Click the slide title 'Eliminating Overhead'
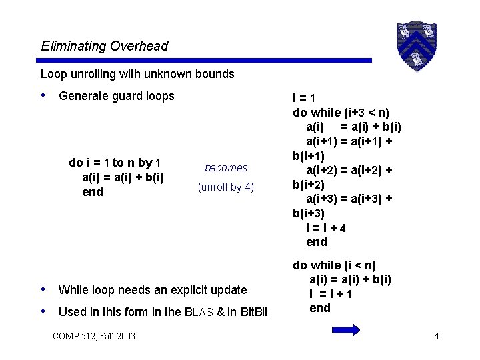click(x=105, y=46)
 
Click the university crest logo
click(x=416, y=45)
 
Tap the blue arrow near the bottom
click(x=345, y=329)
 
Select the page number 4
click(x=436, y=335)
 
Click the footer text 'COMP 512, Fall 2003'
click(x=93, y=335)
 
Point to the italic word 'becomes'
click(x=226, y=168)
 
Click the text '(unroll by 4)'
click(x=226, y=187)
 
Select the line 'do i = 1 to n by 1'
click(x=115, y=163)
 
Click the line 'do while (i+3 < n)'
click(x=341, y=112)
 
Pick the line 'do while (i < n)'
click(x=335, y=265)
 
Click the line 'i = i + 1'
click(x=331, y=293)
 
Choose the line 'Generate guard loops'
click(x=117, y=96)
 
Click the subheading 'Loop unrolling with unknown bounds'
click(x=137, y=74)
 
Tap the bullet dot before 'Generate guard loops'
click(x=44, y=95)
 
